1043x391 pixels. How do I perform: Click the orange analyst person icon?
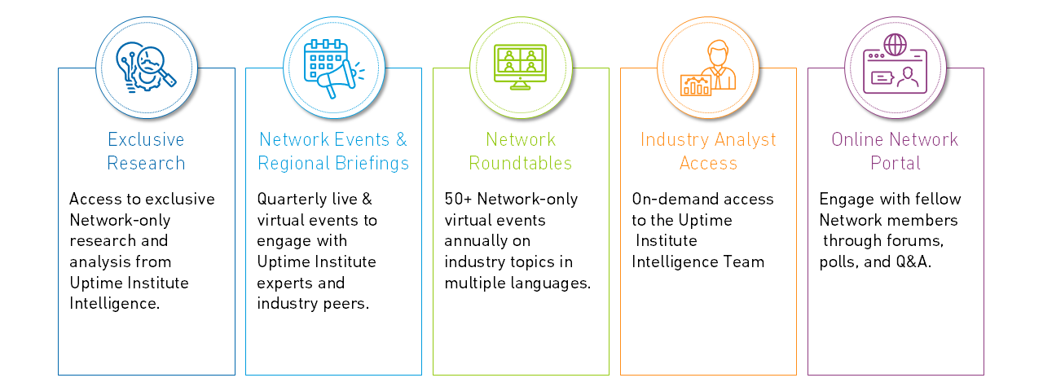pyautogui.click(x=708, y=68)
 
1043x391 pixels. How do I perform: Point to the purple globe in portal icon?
pyautogui.click(x=895, y=45)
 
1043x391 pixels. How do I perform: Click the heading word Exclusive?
pyautogui.click(x=146, y=139)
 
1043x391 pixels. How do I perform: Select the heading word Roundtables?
pyautogui.click(x=520, y=164)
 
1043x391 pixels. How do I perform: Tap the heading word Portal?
pyautogui.click(x=895, y=164)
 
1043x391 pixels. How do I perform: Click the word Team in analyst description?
pyautogui.click(x=746, y=262)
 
